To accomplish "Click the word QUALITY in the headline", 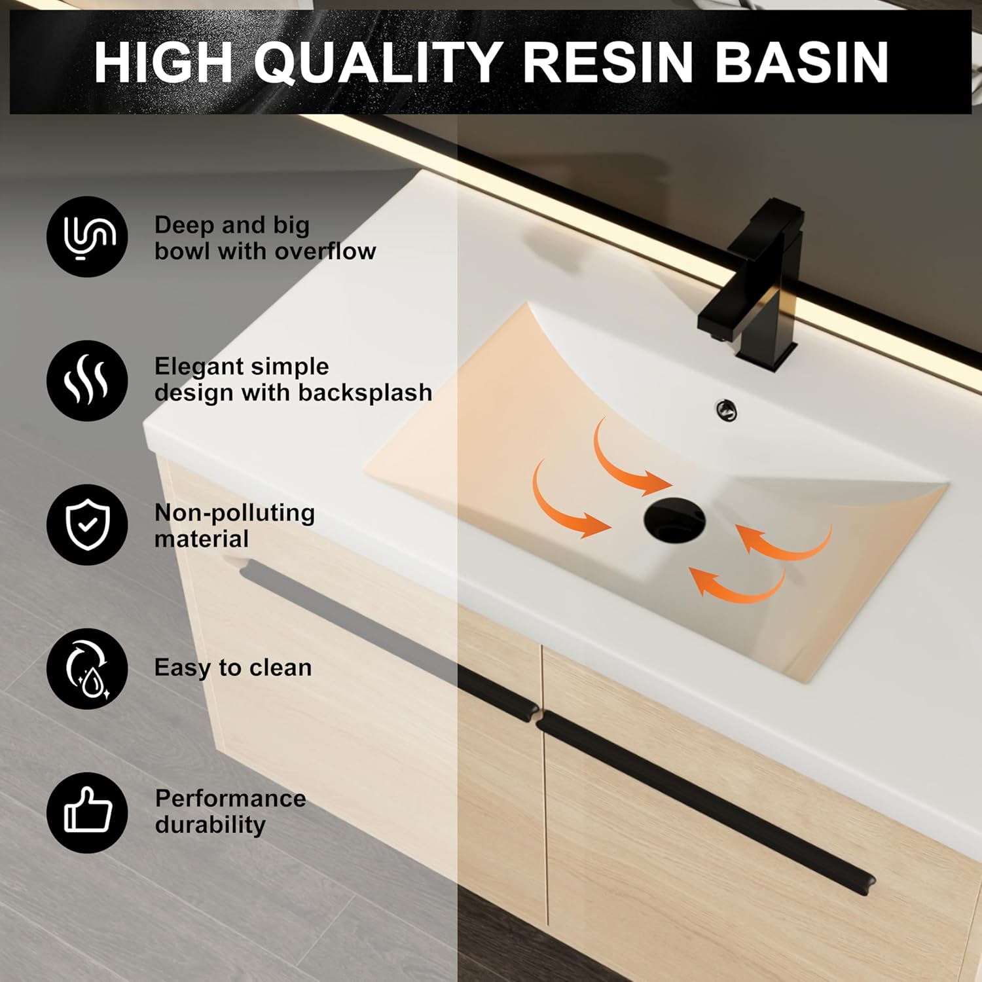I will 378,62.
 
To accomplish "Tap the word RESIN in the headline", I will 608,62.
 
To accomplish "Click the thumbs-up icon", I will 87,812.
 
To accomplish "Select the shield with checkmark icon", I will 87,524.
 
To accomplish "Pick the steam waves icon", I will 87,380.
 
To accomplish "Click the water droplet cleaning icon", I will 87,668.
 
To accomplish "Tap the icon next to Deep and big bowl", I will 87,236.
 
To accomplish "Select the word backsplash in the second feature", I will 365,393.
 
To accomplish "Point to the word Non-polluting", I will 234,513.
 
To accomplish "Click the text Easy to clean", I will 233,668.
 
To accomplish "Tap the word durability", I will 210,825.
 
